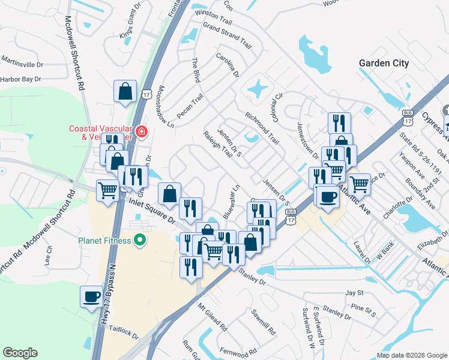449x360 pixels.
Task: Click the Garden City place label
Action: click(x=384, y=63)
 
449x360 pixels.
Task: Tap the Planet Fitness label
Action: click(x=104, y=241)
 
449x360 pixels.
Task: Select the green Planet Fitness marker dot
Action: click(x=140, y=241)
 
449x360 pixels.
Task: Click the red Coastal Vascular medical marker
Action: click(x=141, y=131)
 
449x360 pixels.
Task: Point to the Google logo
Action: click(x=20, y=353)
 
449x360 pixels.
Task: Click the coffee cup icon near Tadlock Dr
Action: click(x=92, y=296)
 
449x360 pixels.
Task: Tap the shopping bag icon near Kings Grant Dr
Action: click(x=125, y=92)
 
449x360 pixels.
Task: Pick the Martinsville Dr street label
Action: click(x=23, y=62)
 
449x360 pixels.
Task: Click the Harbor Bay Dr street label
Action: click(x=20, y=79)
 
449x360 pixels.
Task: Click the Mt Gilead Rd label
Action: click(x=212, y=317)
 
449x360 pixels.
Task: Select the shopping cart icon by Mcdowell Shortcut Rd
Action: click(x=108, y=191)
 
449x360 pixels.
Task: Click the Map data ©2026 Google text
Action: click(x=411, y=355)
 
